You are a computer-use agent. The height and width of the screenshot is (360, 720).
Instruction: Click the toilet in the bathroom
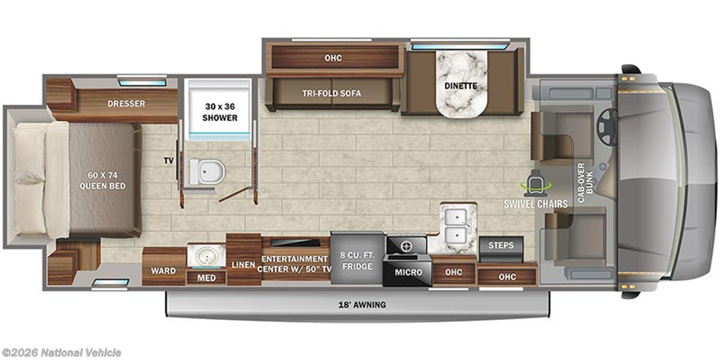pos(209,171)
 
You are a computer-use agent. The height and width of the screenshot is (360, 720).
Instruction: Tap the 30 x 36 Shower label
pos(219,112)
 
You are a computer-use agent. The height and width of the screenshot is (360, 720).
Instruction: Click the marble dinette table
pos(460,86)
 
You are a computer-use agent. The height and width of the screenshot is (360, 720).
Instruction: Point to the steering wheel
pos(607,127)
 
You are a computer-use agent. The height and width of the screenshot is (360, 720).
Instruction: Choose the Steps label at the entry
pos(501,245)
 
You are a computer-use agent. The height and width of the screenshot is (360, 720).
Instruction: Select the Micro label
pos(409,272)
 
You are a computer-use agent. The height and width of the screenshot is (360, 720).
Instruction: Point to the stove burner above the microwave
pos(407,246)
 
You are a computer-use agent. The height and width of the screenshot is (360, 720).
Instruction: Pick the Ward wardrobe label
pos(165,271)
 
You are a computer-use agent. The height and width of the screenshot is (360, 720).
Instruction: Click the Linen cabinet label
pos(244,264)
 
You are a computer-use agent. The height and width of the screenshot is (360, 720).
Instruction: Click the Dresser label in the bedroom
pos(127,103)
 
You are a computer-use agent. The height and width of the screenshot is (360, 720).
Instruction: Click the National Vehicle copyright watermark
pos(62,352)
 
